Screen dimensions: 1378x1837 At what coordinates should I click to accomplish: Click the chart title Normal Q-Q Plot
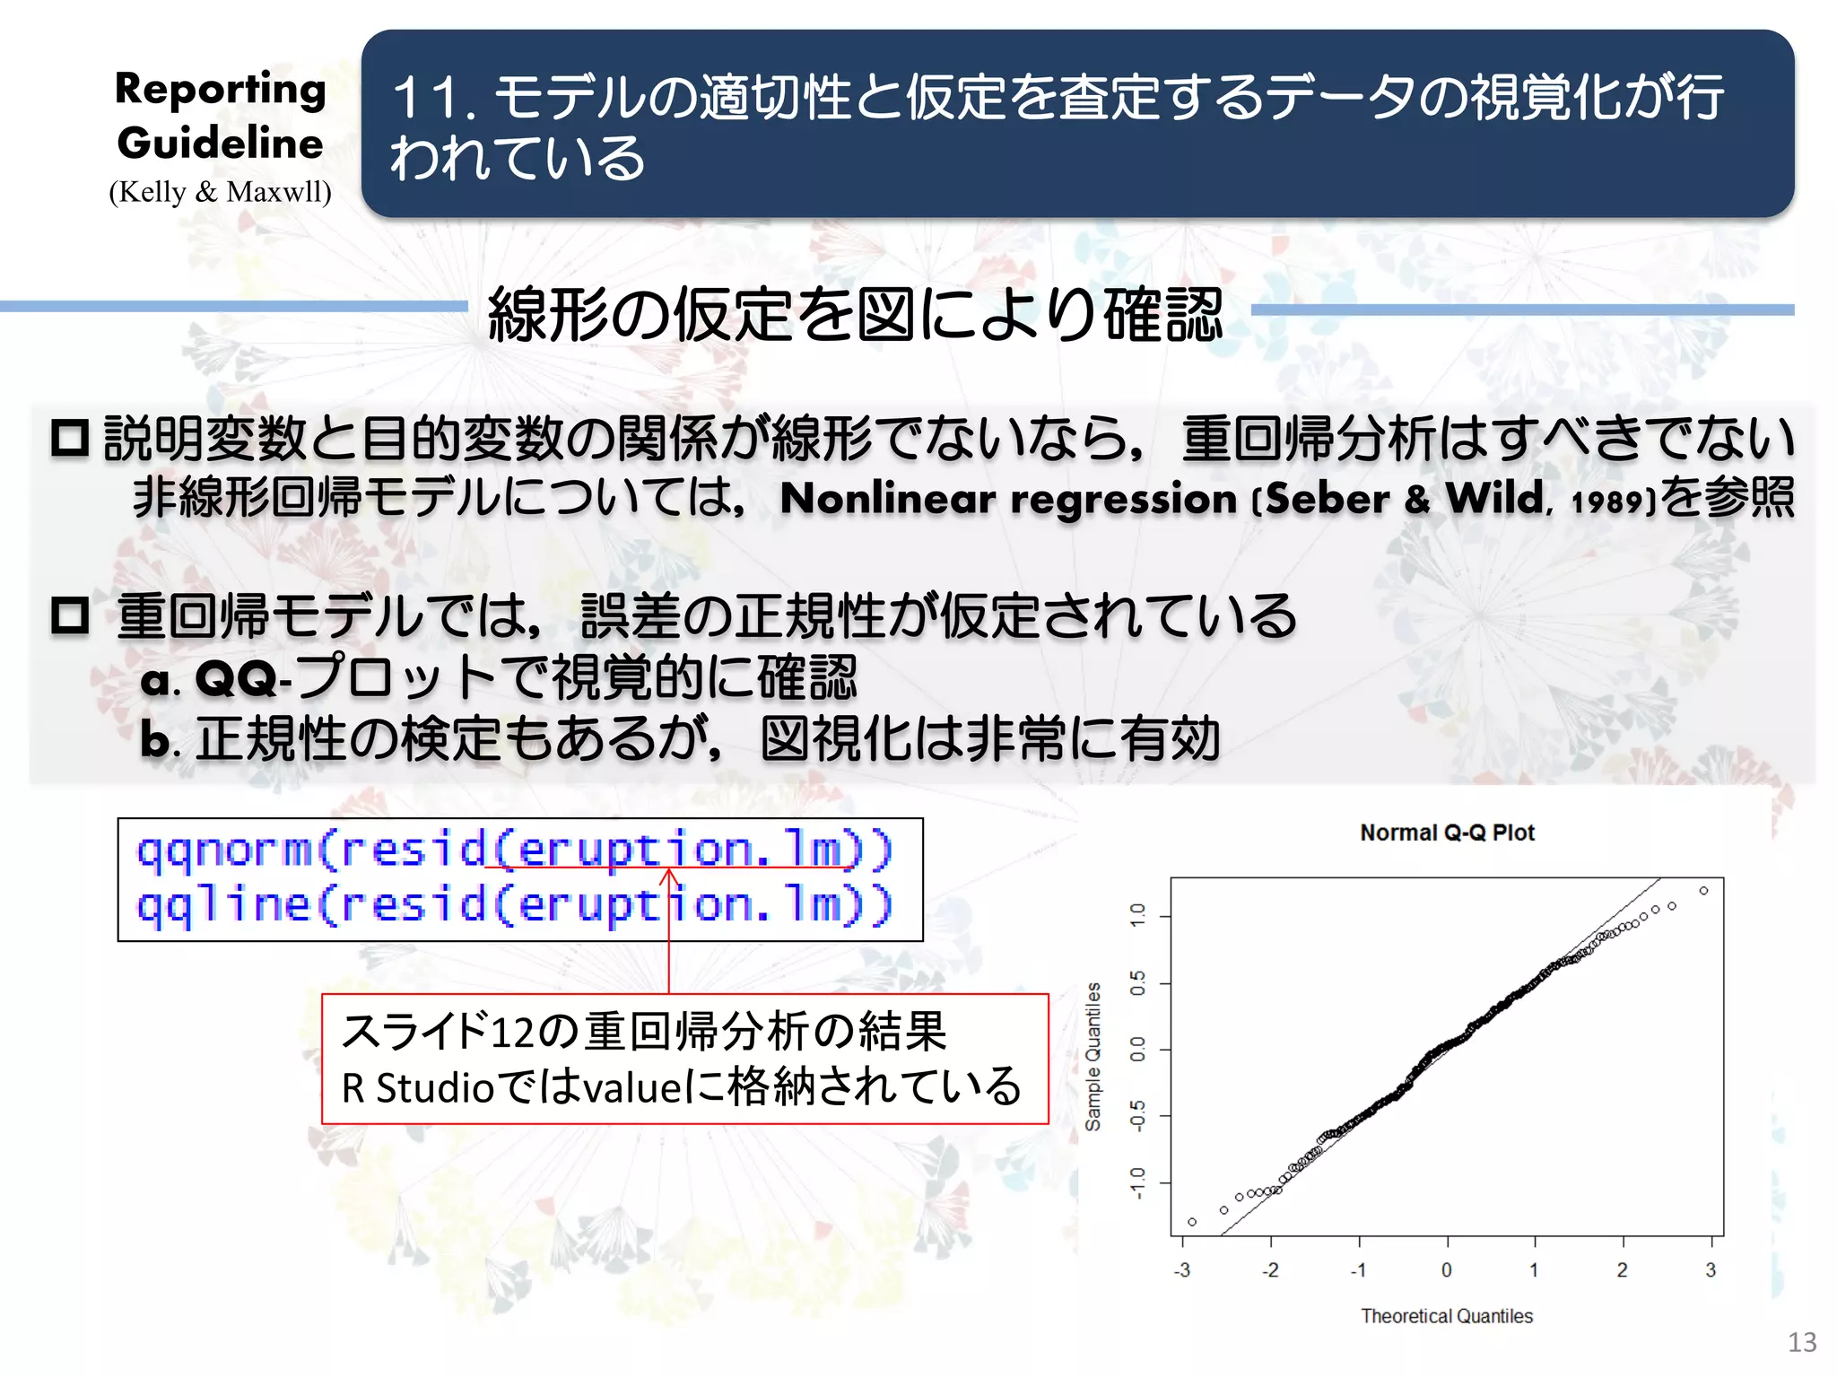click(1447, 833)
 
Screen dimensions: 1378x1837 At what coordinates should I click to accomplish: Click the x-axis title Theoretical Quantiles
click(1446, 1315)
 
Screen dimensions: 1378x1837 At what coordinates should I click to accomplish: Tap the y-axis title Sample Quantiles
click(1093, 1056)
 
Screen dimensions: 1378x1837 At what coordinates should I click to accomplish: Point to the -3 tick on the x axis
click(1182, 1269)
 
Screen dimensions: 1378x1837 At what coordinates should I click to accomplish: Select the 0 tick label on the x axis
click(1446, 1269)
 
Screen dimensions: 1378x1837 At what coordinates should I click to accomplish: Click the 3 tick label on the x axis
click(1710, 1269)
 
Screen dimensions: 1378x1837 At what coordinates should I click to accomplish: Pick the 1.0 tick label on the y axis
click(1137, 916)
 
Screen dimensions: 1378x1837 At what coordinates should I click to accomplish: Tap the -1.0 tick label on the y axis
click(1137, 1182)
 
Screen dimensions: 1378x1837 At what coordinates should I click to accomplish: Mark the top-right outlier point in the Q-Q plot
click(1703, 891)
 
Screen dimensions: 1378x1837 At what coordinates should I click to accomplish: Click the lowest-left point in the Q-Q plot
click(1192, 1222)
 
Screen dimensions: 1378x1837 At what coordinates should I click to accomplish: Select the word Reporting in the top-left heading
click(221, 90)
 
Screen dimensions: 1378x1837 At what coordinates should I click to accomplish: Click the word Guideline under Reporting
click(221, 144)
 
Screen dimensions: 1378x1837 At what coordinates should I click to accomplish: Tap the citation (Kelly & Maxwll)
click(221, 192)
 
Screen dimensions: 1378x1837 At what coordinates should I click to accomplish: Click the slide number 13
click(1802, 1342)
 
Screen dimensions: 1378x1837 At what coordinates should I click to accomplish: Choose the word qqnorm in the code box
click(223, 850)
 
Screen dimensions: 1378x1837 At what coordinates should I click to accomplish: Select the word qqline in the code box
click(223, 904)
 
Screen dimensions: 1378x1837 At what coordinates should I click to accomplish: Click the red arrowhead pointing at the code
click(669, 874)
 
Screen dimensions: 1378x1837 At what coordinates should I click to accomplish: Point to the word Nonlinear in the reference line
click(888, 499)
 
